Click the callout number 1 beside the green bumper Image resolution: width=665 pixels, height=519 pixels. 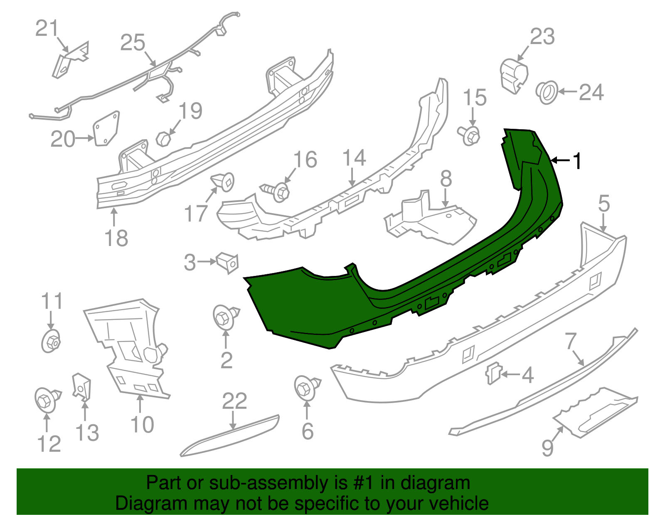pyautogui.click(x=577, y=161)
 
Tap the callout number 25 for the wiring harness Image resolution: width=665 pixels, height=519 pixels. pyautogui.click(x=133, y=43)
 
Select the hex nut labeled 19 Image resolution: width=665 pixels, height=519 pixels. pyautogui.click(x=163, y=139)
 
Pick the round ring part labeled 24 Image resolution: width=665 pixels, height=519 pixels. pyautogui.click(x=547, y=93)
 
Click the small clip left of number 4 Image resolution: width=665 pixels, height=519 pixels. pyautogui.click(x=493, y=373)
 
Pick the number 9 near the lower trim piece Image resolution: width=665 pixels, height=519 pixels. pyautogui.click(x=548, y=448)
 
